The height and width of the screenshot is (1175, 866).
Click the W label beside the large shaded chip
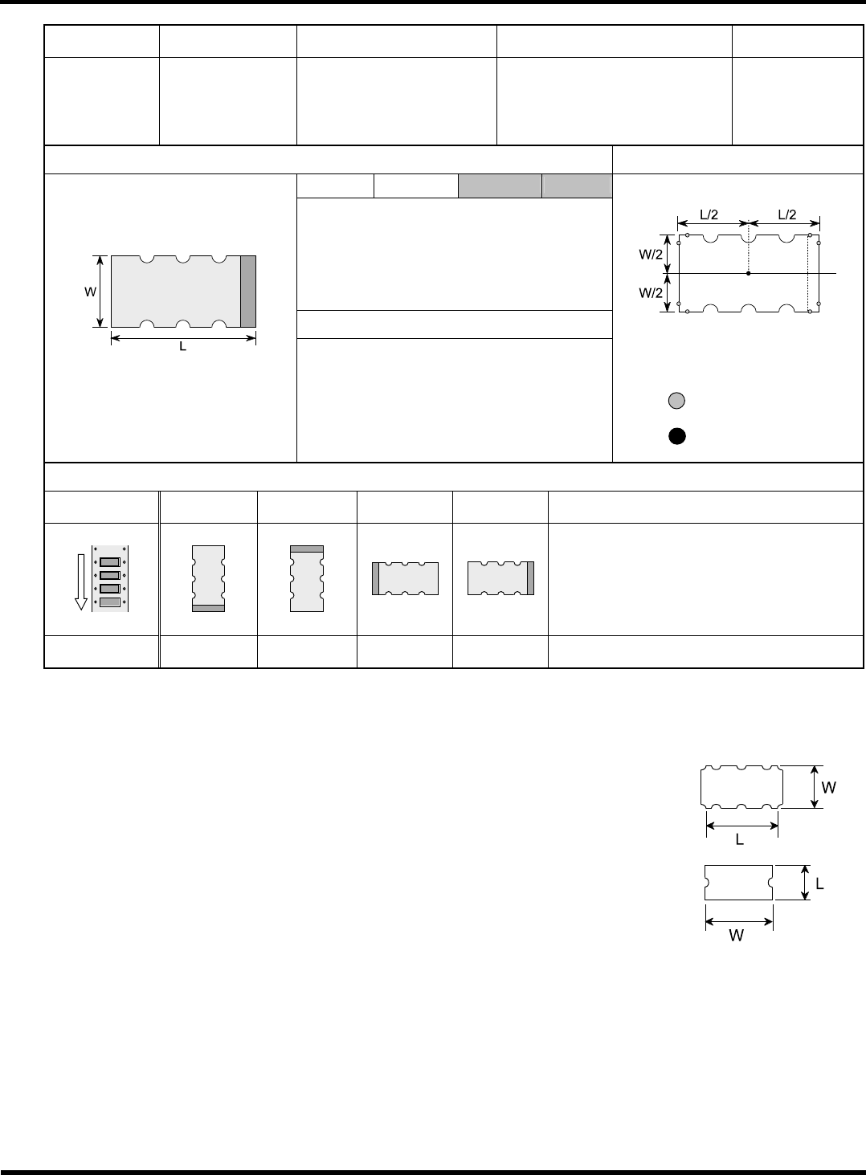tap(90, 292)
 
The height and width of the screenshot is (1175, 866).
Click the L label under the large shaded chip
tap(182, 347)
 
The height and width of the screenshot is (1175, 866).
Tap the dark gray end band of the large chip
tap(248, 292)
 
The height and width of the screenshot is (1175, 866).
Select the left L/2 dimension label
tap(709, 214)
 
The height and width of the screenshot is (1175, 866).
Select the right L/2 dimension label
tap(786, 214)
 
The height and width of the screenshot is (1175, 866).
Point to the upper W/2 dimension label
tap(651, 255)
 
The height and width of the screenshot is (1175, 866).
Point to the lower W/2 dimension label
tap(651, 293)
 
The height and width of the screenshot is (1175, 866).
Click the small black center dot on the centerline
tap(749, 273)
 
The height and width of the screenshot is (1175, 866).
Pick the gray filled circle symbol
tap(676, 401)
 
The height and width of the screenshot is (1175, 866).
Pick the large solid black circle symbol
tap(677, 436)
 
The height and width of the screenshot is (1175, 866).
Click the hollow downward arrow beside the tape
tap(81, 582)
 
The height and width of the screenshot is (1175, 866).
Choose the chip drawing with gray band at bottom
tap(208, 578)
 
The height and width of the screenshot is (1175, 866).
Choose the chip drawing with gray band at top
tap(307, 578)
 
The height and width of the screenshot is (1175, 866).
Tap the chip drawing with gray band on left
tap(405, 578)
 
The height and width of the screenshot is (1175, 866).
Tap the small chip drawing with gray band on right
tap(501, 578)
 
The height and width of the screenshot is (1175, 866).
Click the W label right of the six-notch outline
tap(829, 787)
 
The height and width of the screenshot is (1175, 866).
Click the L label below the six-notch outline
tap(740, 840)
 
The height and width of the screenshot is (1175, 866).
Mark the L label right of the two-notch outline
tap(820, 884)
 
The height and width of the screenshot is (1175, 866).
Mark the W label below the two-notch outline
tap(737, 936)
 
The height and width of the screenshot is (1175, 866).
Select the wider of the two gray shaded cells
tap(500, 186)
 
